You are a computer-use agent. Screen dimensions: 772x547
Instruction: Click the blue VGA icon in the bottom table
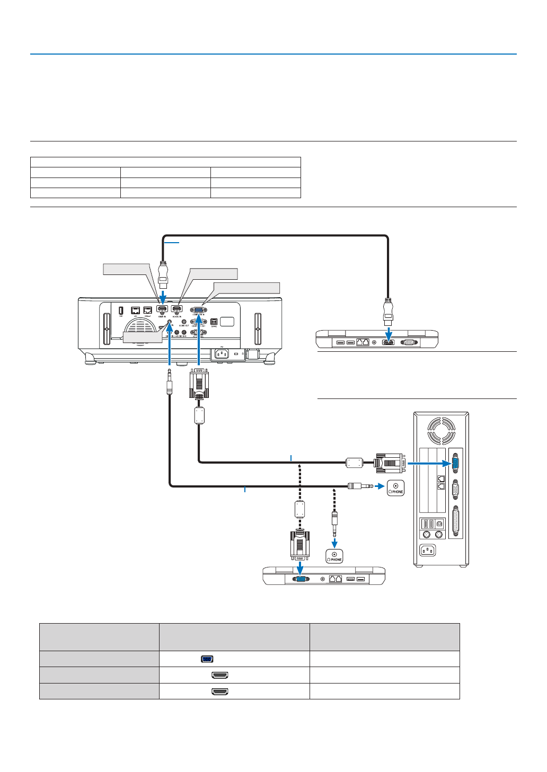point(207,659)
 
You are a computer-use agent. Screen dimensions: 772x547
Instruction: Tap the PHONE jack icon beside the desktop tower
point(395,487)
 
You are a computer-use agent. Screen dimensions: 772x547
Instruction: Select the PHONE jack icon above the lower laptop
point(334,556)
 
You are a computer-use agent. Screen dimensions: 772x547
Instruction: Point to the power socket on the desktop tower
point(428,550)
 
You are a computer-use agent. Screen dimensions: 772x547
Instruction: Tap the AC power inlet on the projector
point(220,353)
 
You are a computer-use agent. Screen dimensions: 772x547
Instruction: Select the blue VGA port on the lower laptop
point(301,579)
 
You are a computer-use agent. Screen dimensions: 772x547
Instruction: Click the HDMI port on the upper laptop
point(389,342)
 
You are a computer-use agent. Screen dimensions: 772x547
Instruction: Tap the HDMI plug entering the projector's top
point(163,276)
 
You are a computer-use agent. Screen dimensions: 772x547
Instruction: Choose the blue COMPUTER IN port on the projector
point(198,310)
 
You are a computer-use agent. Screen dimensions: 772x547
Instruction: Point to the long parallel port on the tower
point(455,521)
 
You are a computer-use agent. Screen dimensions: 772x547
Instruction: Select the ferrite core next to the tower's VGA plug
point(354,463)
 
